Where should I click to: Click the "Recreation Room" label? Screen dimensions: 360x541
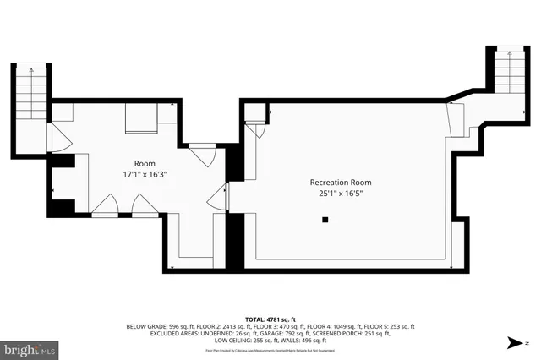click(x=340, y=183)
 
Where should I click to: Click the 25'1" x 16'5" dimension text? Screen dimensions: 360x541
click(x=340, y=194)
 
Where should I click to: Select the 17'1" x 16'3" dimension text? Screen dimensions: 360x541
click(x=145, y=175)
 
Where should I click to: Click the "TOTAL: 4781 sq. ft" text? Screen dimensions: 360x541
click(x=270, y=319)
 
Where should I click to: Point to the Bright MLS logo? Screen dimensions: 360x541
click(x=30, y=347)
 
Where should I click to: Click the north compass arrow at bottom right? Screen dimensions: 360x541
click(x=514, y=342)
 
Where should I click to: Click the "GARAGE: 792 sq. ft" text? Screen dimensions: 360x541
click(x=278, y=334)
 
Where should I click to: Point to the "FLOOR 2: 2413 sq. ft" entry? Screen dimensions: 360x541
click(x=219, y=326)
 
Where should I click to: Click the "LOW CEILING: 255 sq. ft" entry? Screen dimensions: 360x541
click(x=243, y=341)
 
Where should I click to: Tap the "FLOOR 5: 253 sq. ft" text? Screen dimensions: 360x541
click(x=391, y=326)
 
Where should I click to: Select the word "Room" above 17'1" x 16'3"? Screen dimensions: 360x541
click(x=145, y=163)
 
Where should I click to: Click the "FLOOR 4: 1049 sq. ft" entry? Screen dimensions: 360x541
click(x=335, y=326)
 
